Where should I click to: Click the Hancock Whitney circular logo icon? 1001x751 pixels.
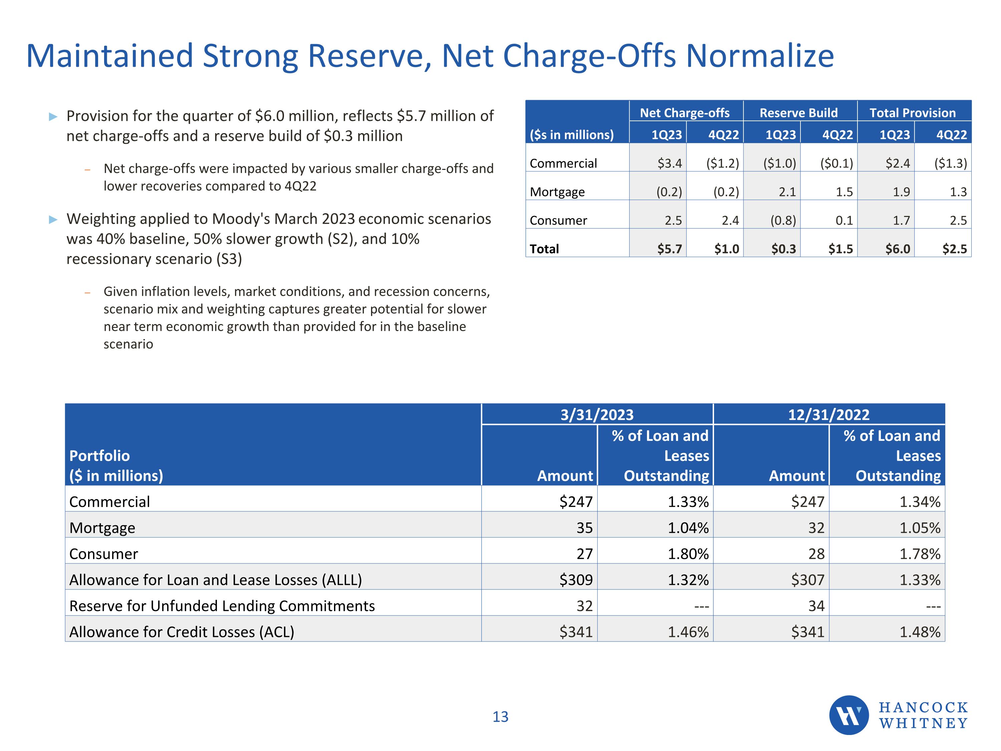point(849,715)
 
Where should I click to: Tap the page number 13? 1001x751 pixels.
point(500,717)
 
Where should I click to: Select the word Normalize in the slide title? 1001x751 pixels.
point(760,56)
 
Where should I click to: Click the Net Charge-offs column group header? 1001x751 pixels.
point(685,113)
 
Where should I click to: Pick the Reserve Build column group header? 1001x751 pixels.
point(799,113)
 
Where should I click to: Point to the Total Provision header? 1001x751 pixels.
point(913,113)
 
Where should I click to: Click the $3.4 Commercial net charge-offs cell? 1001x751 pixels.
point(669,164)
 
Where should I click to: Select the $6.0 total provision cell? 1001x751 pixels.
point(897,249)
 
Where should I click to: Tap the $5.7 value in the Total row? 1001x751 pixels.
point(669,249)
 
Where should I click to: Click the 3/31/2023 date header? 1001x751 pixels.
point(597,415)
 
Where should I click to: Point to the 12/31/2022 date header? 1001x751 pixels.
point(828,415)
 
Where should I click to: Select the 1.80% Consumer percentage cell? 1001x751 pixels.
point(688,554)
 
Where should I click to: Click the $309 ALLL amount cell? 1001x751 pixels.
point(576,580)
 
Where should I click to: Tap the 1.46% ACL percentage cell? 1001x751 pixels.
point(688,632)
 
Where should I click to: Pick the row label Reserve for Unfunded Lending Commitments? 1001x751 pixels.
point(222,606)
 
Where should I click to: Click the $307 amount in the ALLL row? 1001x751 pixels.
point(807,580)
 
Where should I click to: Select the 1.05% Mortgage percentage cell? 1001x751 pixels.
point(920,528)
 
